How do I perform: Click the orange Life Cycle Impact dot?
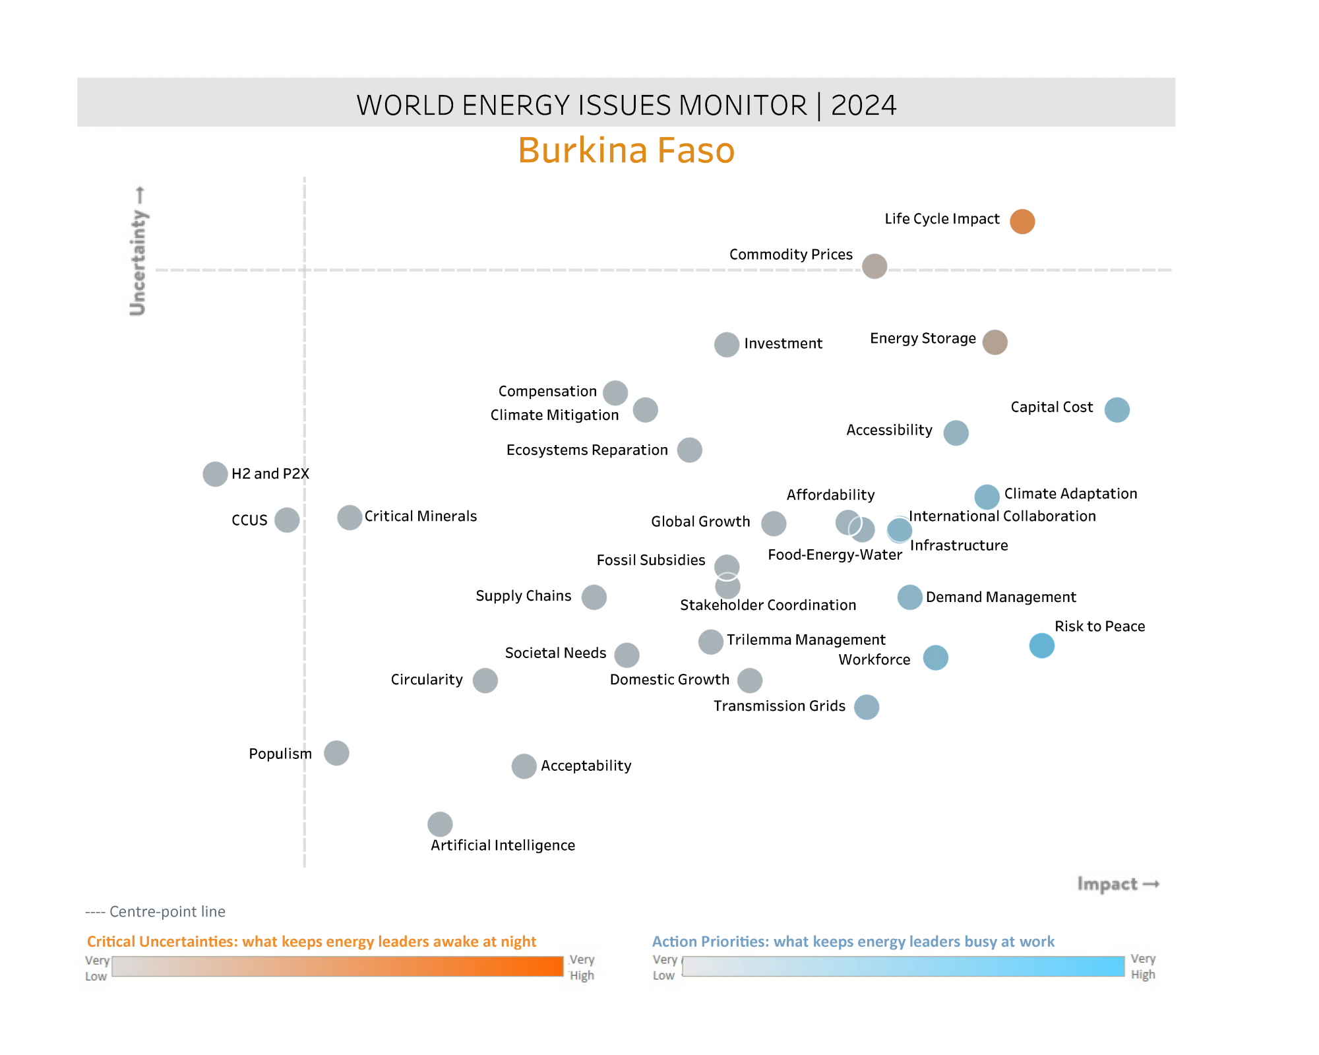pyautogui.click(x=1022, y=222)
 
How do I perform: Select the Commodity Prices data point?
pyautogui.click(x=874, y=266)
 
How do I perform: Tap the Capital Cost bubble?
pyautogui.click(x=1117, y=409)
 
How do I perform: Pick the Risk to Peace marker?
pyautogui.click(x=1041, y=646)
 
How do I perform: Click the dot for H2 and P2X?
pyautogui.click(x=215, y=473)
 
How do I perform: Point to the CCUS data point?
pyautogui.click(x=287, y=520)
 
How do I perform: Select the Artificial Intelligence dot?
pyautogui.click(x=440, y=824)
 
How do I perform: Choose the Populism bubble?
pyautogui.click(x=336, y=753)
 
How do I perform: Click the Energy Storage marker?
pyautogui.click(x=995, y=342)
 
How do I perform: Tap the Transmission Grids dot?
pyautogui.click(x=867, y=707)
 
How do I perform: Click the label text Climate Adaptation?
pyautogui.click(x=1070, y=494)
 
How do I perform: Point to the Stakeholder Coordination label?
pyautogui.click(x=768, y=605)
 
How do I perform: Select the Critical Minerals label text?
pyautogui.click(x=420, y=516)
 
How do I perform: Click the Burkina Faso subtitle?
pyautogui.click(x=626, y=150)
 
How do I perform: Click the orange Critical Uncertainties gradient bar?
pyautogui.click(x=337, y=967)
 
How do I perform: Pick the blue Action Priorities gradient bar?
pyautogui.click(x=903, y=967)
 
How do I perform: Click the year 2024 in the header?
pyautogui.click(x=863, y=105)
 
